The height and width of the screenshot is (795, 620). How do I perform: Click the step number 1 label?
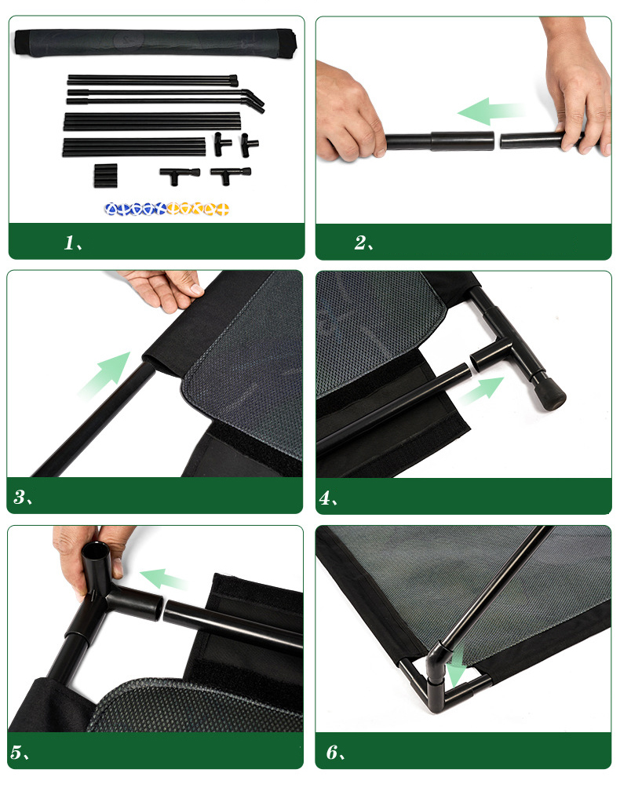(72, 243)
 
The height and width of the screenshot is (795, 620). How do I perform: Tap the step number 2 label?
(363, 243)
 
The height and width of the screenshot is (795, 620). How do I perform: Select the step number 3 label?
(23, 498)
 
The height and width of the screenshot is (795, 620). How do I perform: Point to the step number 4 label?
(328, 498)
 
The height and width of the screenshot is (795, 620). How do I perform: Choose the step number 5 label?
(20, 752)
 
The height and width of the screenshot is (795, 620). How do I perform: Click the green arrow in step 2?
(491, 111)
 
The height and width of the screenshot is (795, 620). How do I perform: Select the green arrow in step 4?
(482, 390)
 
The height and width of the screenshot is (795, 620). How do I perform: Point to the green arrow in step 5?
(163, 579)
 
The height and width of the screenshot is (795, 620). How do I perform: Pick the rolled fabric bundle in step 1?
(155, 42)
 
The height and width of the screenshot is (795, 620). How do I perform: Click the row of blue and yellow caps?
(167, 209)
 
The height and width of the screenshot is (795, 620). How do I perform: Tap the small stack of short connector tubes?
(105, 176)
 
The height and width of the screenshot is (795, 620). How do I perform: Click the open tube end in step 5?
(97, 548)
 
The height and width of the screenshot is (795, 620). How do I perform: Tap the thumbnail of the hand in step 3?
(195, 290)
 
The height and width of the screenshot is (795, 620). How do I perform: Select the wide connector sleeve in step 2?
(462, 141)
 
